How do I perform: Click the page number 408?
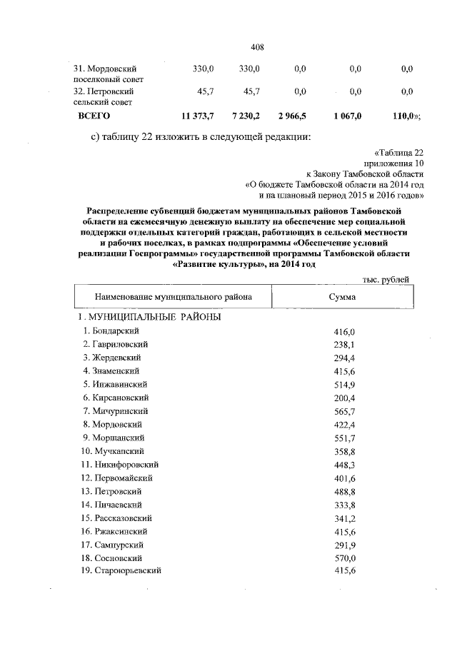[x=258, y=47]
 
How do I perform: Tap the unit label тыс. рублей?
[x=386, y=280]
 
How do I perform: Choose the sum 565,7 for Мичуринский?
[x=344, y=412]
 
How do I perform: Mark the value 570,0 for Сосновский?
[x=344, y=557]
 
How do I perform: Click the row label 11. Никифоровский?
[x=119, y=464]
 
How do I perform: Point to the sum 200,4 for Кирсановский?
[x=344, y=398]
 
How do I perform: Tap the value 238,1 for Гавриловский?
[x=344, y=345]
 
